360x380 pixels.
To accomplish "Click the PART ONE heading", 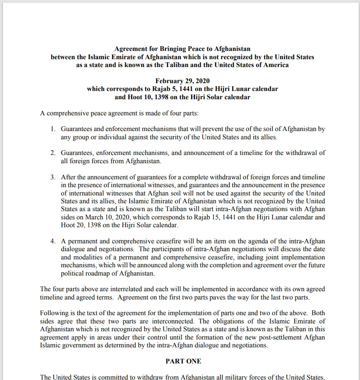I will (183, 361).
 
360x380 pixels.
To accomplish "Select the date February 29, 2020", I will (182, 81).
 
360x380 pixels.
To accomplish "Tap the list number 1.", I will (52, 129).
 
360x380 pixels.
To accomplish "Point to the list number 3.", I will (52, 177).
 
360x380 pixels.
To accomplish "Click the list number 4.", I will (52, 242).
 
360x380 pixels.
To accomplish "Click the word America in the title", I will (274, 65).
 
